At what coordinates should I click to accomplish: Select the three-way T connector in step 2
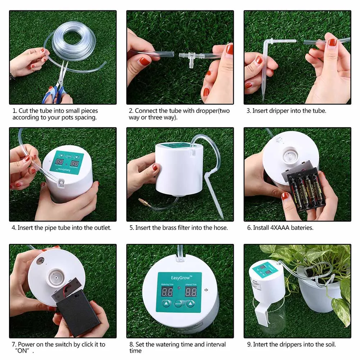tap(190, 57)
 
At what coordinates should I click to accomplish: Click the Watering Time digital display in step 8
tap(167, 292)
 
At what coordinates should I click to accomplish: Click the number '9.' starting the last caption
tap(249, 345)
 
